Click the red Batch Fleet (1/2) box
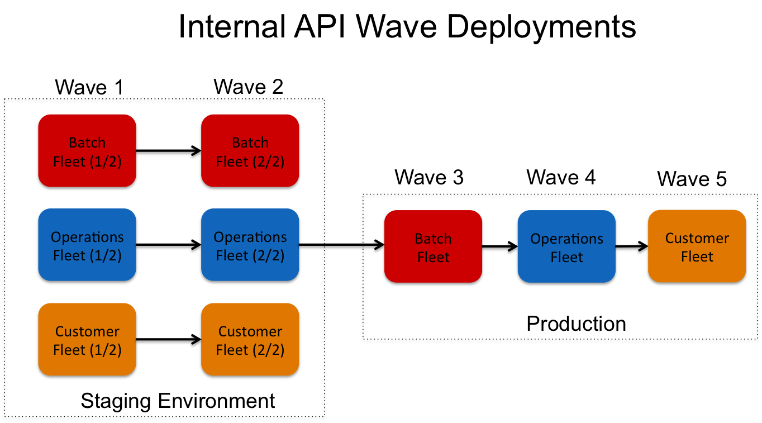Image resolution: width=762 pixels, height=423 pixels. coord(87,150)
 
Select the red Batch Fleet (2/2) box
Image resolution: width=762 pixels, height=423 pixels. coord(250,150)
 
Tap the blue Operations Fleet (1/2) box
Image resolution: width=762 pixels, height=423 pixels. coord(87,245)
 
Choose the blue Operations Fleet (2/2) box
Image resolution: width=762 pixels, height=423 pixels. coord(250,245)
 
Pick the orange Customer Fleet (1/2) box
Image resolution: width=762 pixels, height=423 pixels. coord(87,339)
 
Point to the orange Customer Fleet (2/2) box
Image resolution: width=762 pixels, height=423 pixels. coord(250,339)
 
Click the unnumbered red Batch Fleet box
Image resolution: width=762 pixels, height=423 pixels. coord(433,246)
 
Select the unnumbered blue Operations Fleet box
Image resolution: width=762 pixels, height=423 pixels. coord(566,246)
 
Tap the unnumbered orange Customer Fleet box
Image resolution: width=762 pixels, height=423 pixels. coord(697,246)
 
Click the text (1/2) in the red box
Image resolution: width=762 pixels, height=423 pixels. coord(104,162)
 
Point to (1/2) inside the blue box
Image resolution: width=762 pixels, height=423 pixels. coord(104,256)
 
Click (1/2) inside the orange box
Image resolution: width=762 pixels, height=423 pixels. coord(104,350)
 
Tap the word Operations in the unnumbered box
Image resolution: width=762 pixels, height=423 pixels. coord(566,239)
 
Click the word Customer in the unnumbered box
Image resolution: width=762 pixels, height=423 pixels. coord(697,238)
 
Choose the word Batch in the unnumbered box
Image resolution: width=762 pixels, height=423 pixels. coord(433,239)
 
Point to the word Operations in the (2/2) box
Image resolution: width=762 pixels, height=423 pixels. coord(250,237)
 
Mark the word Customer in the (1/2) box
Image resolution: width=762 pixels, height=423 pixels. coord(87,331)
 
